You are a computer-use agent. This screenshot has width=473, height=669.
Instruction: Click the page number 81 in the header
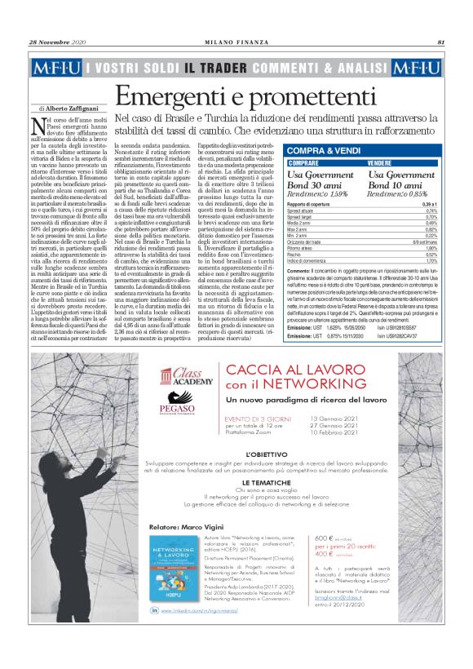click(440, 42)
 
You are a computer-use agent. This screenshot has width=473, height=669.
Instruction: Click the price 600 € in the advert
click(324, 516)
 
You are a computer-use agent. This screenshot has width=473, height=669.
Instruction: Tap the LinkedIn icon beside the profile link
click(155, 609)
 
